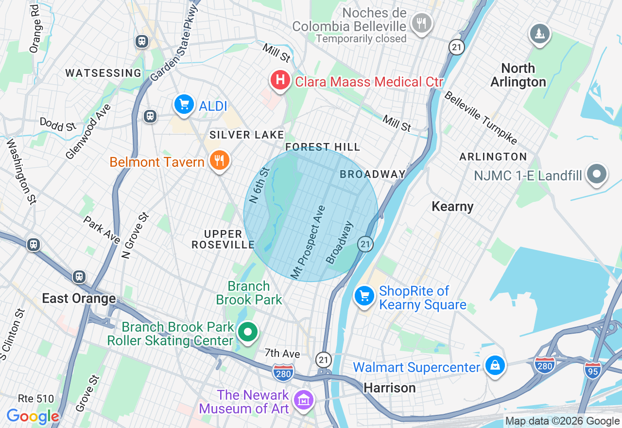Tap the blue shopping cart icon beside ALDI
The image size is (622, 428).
184,104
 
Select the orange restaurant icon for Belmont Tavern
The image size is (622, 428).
220,160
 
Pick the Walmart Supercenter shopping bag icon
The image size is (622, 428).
495,365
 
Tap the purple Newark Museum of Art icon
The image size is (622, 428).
305,401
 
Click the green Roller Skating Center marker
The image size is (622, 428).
248,333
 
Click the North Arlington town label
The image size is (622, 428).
518,75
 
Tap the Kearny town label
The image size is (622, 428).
452,207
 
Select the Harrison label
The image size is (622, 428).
390,388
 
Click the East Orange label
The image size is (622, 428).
79,298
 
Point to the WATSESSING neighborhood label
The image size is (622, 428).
104,73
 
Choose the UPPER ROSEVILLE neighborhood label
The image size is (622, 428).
223,239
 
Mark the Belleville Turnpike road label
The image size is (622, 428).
480,118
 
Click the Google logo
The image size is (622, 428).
33,416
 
